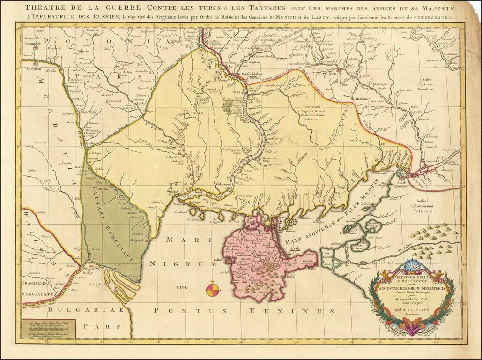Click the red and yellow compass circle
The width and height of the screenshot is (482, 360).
213,289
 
